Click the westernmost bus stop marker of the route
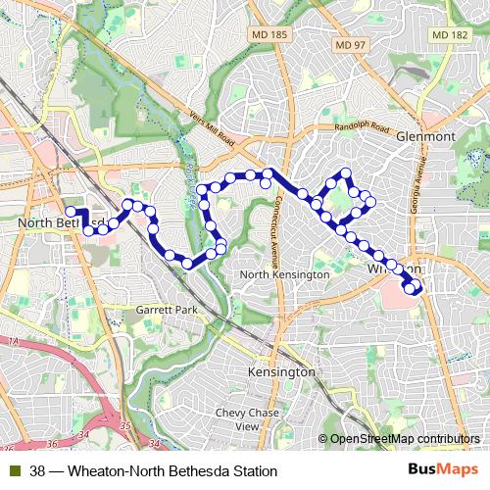(71, 211)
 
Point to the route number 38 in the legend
(37, 471)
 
